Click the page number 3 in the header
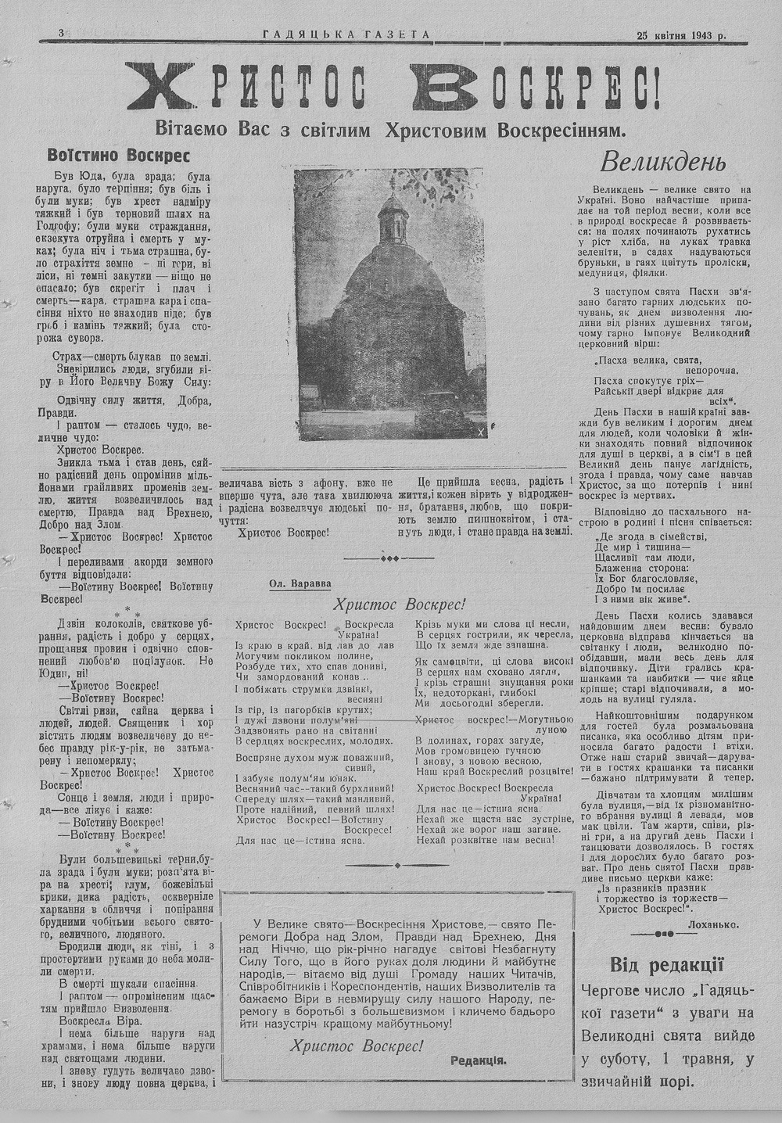click(x=60, y=32)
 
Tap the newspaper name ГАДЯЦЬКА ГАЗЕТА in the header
click(x=346, y=34)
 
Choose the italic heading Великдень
click(x=663, y=162)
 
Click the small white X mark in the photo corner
click(x=480, y=432)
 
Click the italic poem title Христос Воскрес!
click(x=398, y=604)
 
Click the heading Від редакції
click(x=666, y=963)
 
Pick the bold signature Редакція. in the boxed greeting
click(x=478, y=1060)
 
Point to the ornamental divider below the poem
click(x=397, y=866)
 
